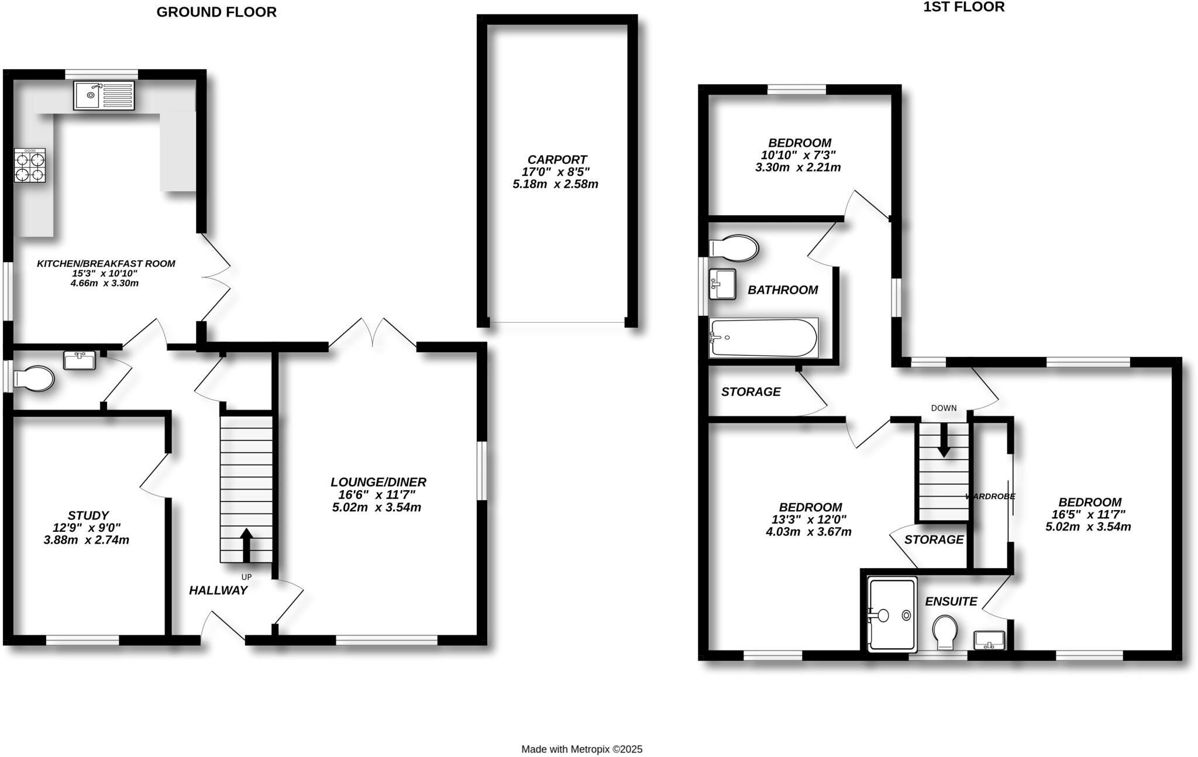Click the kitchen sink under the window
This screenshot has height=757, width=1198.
[x=104, y=95]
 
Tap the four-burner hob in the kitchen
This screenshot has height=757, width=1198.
[x=30, y=166]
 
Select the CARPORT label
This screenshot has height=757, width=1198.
[x=557, y=160]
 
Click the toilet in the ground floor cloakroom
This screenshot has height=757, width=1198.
[x=34, y=378]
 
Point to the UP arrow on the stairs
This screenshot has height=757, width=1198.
[x=246, y=545]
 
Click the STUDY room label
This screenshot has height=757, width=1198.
[x=88, y=515]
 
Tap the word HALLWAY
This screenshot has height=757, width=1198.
[x=218, y=591]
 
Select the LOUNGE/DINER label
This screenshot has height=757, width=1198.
[x=378, y=482]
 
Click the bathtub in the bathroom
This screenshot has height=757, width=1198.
[x=763, y=338]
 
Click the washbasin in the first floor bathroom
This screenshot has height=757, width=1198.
[x=722, y=284]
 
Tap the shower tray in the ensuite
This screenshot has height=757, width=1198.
[x=891, y=615]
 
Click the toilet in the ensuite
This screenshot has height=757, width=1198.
[x=945, y=632]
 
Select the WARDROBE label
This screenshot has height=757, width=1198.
[x=990, y=496]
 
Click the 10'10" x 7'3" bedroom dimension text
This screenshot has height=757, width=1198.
[x=798, y=155]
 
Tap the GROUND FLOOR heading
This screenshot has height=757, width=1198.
[x=216, y=12]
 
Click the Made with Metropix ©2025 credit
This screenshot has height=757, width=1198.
[x=581, y=749]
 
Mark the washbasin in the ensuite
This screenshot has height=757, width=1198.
[x=989, y=639]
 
